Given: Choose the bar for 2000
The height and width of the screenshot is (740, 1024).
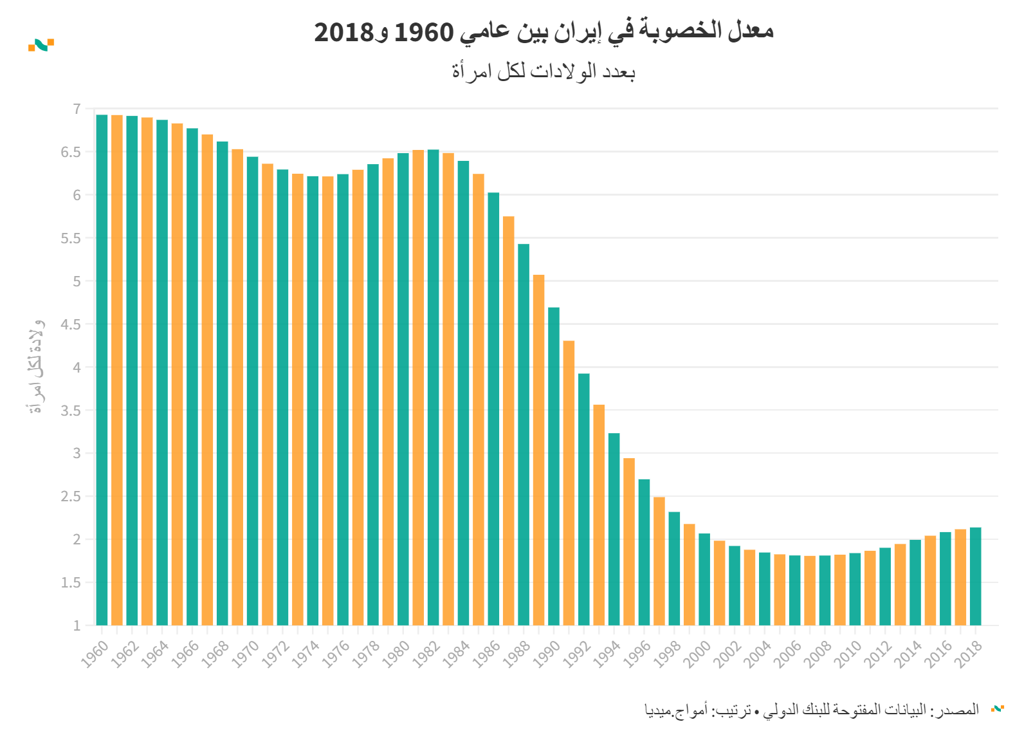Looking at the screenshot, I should coord(704,579).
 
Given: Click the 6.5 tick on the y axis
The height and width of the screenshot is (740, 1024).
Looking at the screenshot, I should coord(71,153).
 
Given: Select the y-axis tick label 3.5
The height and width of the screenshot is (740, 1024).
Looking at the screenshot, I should coord(71,411).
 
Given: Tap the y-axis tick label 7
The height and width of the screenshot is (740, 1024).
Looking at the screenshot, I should coord(77,109).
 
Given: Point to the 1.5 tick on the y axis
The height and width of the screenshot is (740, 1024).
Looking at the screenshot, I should coord(71,583).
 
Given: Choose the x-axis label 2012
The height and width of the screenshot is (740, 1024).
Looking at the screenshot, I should coord(878,654).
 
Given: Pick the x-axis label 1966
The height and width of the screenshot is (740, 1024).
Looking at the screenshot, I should coord(185,654).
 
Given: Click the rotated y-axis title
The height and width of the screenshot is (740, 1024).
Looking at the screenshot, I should coord(36,367).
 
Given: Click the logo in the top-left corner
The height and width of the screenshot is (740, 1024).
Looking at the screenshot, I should coord(41,45).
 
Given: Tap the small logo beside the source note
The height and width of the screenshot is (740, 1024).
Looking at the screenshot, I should coord(998,708).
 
